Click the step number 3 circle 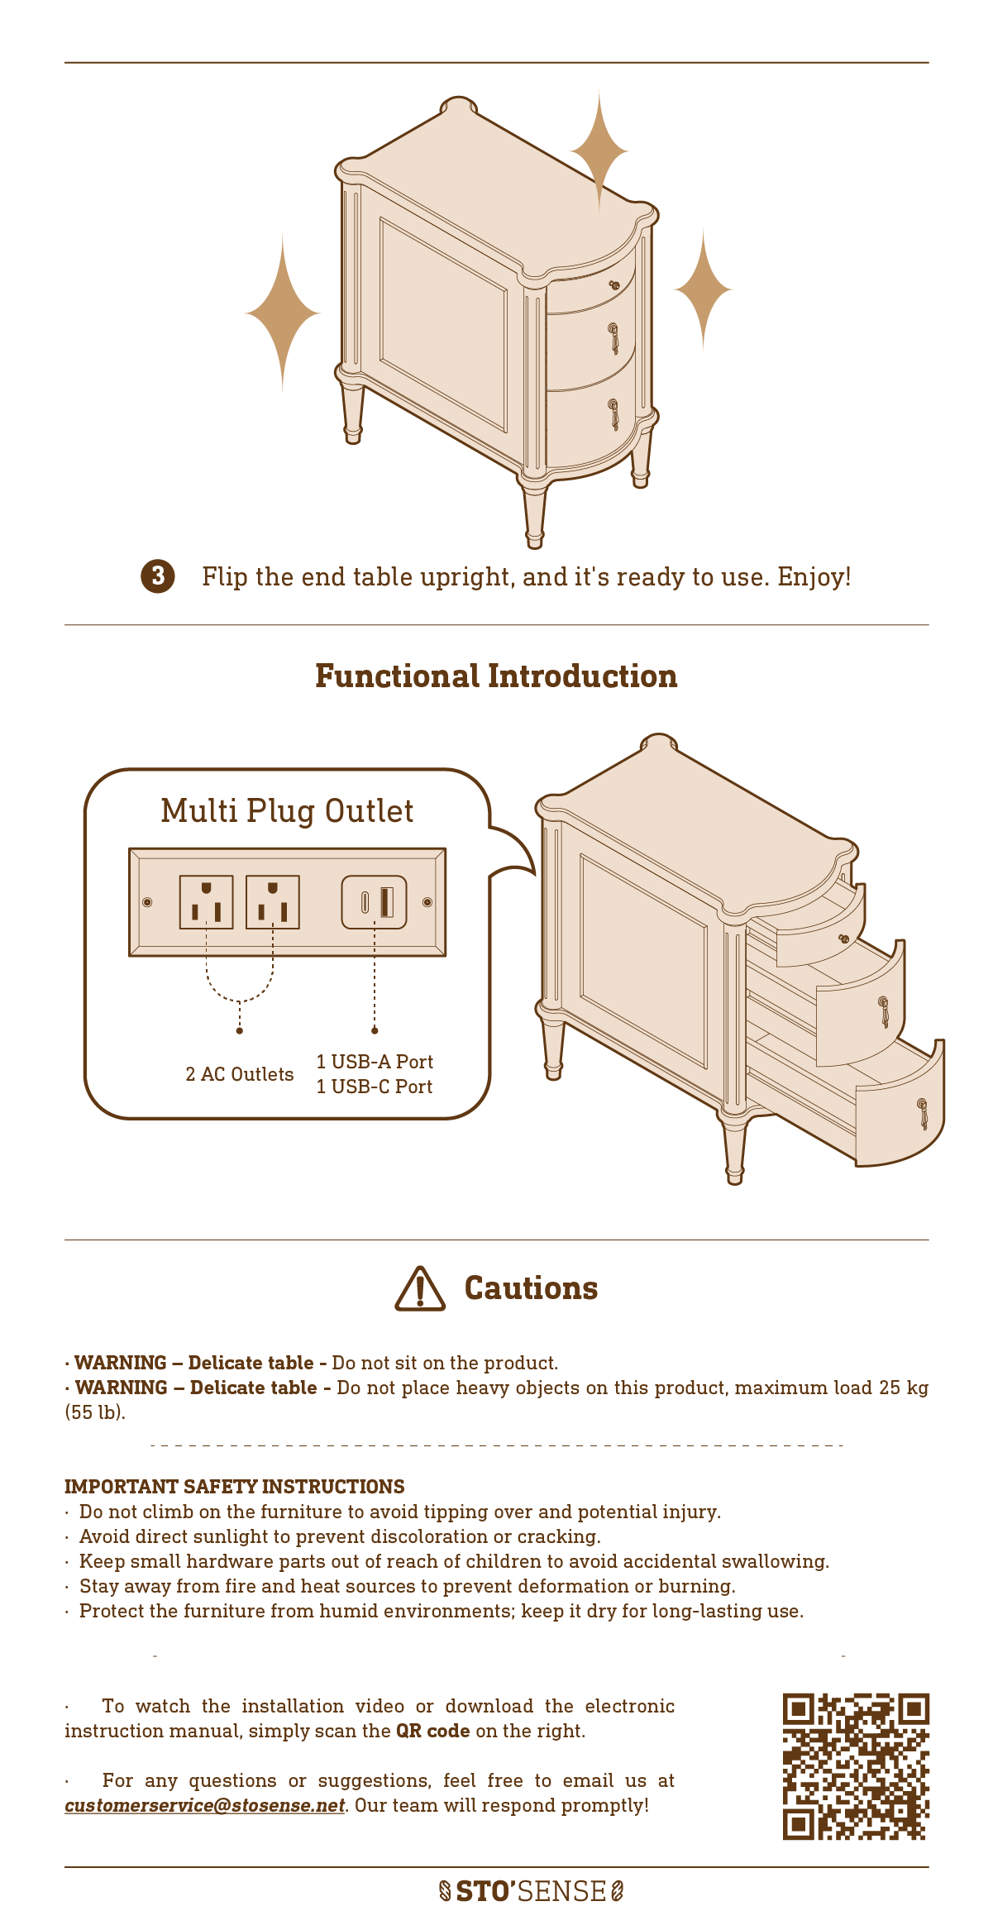158,576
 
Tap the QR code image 856,1766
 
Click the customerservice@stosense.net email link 204,1805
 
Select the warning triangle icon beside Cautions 420,1288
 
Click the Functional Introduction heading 496,676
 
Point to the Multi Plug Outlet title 287,811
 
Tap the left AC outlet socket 206,902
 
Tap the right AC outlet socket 273,902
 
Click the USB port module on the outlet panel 375,902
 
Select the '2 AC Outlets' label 240,1074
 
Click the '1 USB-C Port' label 375,1087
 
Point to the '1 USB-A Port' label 375,1062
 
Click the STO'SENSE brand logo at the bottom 531,1891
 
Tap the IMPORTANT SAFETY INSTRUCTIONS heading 235,1487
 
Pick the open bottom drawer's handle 924,1113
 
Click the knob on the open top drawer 844,939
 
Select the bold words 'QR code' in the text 433,1731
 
